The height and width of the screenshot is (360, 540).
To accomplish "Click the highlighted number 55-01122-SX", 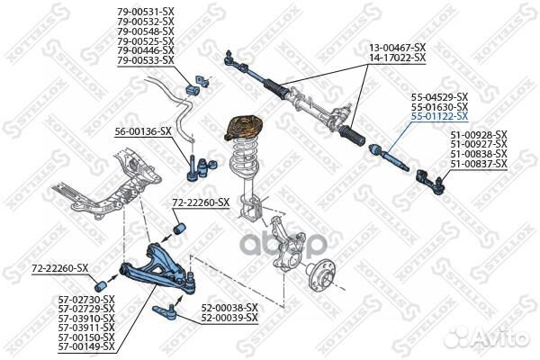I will pos(439,116).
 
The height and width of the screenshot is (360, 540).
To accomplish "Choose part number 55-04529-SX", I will pos(439,96).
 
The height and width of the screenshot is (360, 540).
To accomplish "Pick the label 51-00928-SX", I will pos(479,135).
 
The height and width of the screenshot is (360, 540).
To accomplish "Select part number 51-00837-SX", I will pos(479,165).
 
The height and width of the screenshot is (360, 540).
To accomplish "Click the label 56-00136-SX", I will pos(142,131).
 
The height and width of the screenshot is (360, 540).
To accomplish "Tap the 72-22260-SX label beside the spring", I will pos(202,203).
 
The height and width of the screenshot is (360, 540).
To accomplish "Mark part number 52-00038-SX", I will pos(229,307).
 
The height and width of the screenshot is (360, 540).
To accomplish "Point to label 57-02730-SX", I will pos(86,298).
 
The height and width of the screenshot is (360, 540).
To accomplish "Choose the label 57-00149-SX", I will pos(86,346).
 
